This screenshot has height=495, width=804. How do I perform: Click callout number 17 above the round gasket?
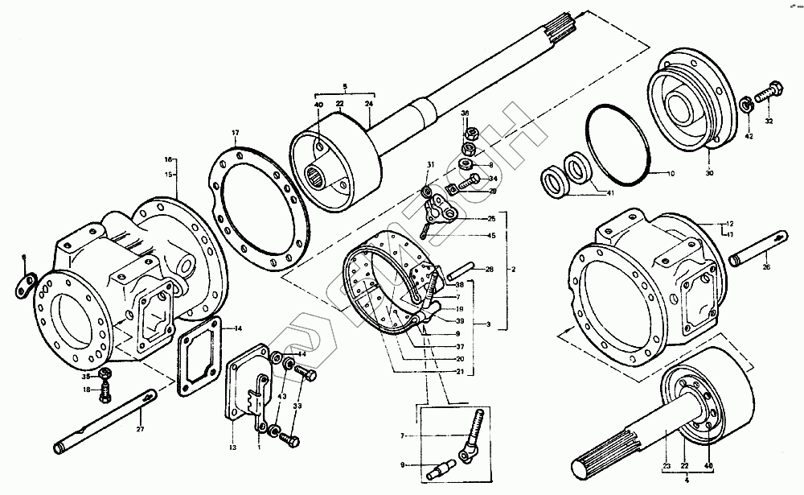(236, 133)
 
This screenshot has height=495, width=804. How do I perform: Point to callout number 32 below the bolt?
(769, 121)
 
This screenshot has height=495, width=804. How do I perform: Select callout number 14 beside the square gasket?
(238, 328)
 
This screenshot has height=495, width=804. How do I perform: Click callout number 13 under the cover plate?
(233, 447)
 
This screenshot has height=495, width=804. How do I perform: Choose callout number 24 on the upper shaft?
(369, 105)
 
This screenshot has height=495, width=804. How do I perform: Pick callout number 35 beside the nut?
(86, 375)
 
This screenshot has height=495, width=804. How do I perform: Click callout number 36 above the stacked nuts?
(465, 113)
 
